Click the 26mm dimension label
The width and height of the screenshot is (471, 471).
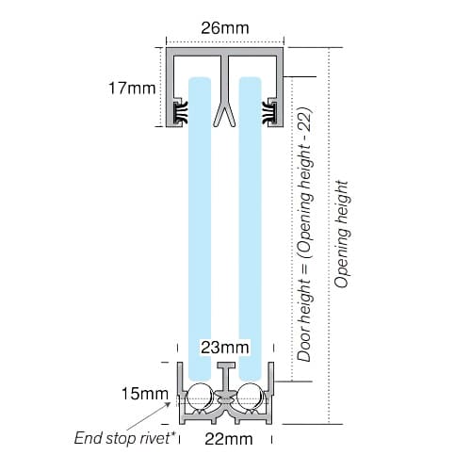[225, 28]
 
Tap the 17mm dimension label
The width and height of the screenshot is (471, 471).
[132, 89]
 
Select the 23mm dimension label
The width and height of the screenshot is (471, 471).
[225, 348]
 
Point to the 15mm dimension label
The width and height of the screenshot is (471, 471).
[145, 394]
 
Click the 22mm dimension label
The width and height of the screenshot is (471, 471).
[229, 439]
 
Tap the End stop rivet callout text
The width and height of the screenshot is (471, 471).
[124, 438]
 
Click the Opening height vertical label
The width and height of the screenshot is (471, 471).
[341, 235]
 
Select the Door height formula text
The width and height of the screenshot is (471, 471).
[304, 235]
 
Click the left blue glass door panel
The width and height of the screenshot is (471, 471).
[200, 228]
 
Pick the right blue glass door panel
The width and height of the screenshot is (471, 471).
[250, 228]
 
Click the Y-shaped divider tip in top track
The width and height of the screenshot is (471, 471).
[224, 116]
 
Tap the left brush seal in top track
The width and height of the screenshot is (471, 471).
[181, 111]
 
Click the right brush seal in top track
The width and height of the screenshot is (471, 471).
[269, 111]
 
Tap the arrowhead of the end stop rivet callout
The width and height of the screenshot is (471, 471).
[169, 404]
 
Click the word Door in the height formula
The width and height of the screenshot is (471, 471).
[304, 349]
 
